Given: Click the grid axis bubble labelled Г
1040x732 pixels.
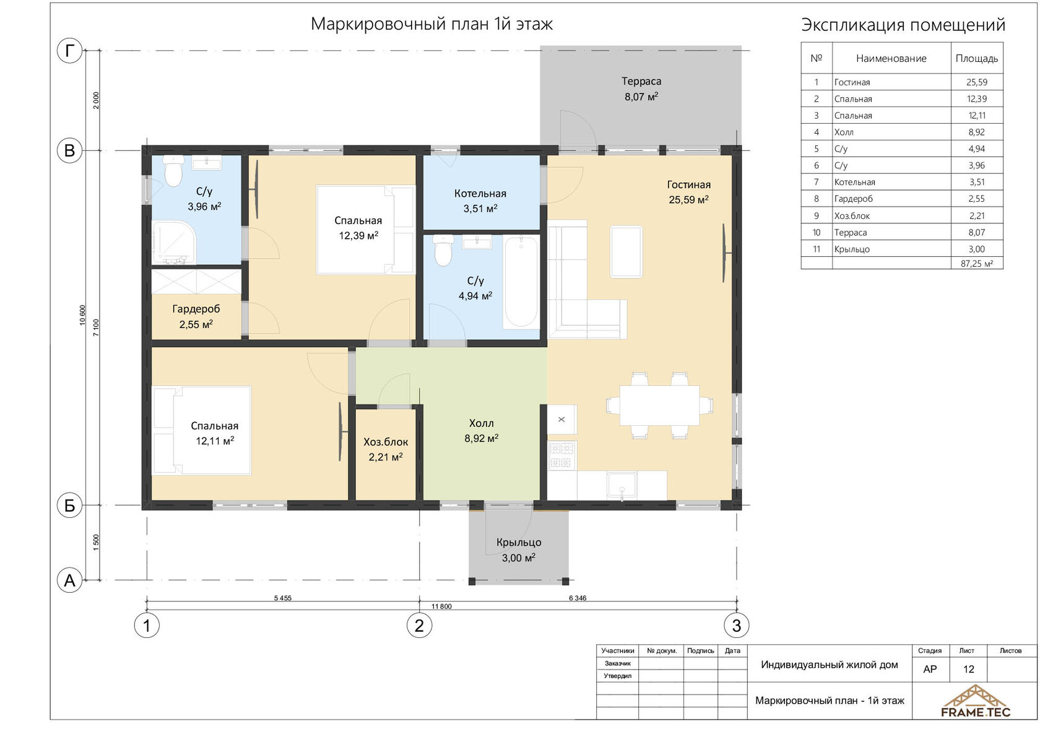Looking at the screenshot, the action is [69, 50].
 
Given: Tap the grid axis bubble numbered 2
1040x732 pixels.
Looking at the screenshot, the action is [419, 625].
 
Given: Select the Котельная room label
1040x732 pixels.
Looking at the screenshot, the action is [480, 194].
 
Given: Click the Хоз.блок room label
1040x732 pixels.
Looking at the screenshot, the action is [386, 442].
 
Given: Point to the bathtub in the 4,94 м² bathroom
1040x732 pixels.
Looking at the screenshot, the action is [521, 282].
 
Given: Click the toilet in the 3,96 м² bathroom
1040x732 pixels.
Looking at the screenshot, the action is [173, 171].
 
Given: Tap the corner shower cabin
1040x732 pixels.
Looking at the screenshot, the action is [174, 243].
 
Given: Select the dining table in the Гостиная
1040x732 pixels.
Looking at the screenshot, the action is [659, 405].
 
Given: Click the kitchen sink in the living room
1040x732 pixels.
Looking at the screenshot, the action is [622, 486].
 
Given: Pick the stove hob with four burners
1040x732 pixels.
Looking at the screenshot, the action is [562, 455].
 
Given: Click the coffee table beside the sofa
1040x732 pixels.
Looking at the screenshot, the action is [626, 252].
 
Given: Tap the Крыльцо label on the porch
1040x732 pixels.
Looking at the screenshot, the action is [519, 542].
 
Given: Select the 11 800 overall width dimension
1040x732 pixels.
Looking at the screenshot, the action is [441, 606].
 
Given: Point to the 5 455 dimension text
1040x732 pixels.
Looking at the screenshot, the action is [282, 598].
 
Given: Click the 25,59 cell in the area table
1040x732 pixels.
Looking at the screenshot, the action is [977, 82].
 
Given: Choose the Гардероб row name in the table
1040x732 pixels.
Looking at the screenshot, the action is [853, 199].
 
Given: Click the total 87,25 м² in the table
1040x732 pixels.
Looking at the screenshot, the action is [977, 263].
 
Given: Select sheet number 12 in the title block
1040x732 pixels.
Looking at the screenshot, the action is [968, 669].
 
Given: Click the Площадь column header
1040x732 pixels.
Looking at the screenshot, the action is [977, 59].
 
